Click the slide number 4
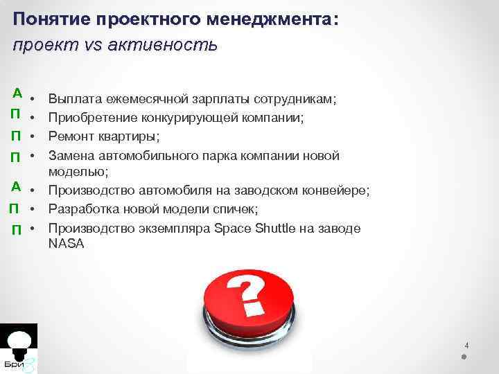466,345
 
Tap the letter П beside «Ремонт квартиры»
15,134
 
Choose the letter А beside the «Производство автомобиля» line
15,185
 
